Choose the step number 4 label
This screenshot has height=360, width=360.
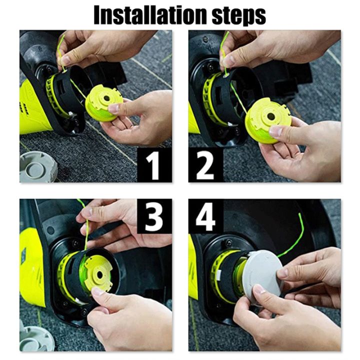point(205,216)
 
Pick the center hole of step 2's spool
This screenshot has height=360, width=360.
point(270,116)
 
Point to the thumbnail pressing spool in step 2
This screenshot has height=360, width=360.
point(275,131)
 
